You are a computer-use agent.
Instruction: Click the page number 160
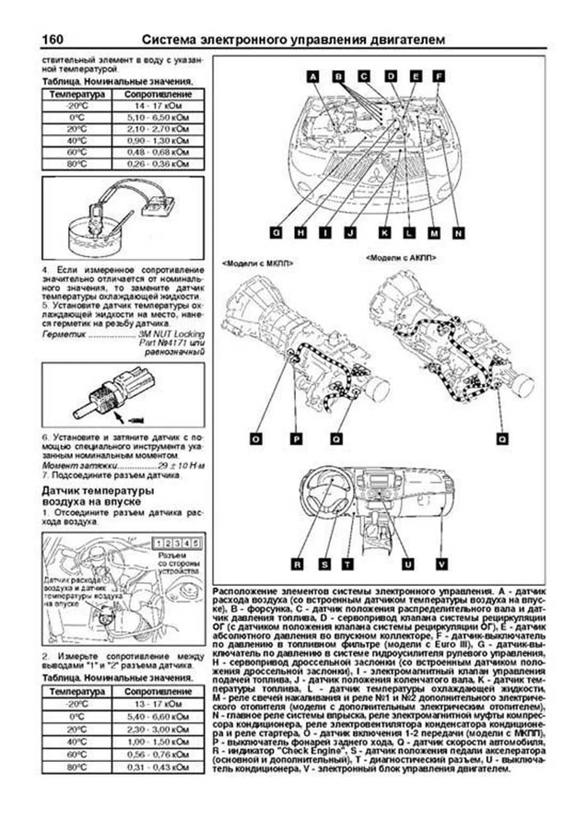53,39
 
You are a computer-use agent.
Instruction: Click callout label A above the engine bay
313,76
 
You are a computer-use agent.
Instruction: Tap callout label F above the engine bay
439,76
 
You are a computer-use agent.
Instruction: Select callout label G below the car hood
276,233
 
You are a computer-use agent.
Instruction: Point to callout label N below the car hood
458,233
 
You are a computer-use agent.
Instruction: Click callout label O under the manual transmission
255,439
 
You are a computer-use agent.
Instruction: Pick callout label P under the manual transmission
296,439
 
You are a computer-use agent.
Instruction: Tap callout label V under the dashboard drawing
441,564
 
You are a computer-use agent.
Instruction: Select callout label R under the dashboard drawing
297,564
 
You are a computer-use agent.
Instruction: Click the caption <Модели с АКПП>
401,257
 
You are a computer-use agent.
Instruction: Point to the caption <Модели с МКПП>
258,263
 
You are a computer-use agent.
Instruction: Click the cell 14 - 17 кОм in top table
158,106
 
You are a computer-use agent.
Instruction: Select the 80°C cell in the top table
77,164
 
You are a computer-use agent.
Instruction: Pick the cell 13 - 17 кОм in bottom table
158,704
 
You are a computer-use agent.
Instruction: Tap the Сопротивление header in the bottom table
158,691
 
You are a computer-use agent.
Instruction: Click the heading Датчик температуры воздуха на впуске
98,495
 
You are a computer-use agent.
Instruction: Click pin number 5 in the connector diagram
195,543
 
